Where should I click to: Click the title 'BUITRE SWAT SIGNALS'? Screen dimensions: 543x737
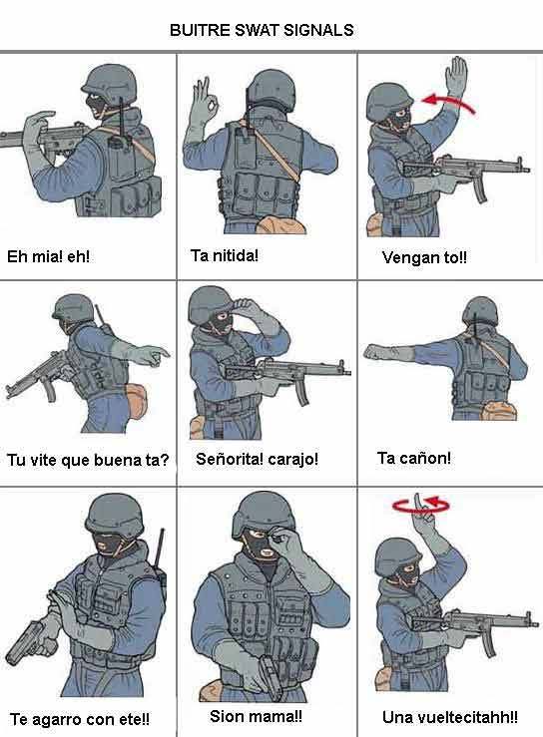(x=262, y=30)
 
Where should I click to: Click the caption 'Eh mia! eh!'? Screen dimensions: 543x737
(x=48, y=256)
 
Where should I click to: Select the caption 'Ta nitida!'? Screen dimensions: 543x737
(x=225, y=255)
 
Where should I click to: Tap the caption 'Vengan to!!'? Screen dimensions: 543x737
(x=424, y=257)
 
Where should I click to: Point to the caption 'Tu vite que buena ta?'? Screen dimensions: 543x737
(x=88, y=460)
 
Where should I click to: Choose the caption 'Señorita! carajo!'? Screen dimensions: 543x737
(x=257, y=459)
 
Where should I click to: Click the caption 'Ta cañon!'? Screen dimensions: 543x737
(x=414, y=458)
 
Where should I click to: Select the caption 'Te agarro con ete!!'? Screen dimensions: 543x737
(x=80, y=719)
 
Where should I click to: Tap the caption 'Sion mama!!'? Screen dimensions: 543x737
(x=256, y=716)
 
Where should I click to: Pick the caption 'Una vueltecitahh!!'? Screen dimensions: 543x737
(x=450, y=717)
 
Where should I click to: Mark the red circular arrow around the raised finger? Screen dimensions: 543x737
(x=420, y=506)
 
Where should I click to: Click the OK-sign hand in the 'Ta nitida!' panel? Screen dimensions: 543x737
(x=204, y=105)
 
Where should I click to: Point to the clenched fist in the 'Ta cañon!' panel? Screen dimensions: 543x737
(x=375, y=352)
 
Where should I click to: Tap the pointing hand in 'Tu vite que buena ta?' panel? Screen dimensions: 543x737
(x=152, y=355)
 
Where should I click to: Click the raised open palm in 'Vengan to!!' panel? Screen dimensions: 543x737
(x=456, y=78)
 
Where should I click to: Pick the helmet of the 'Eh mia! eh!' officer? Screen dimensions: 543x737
(x=111, y=84)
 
